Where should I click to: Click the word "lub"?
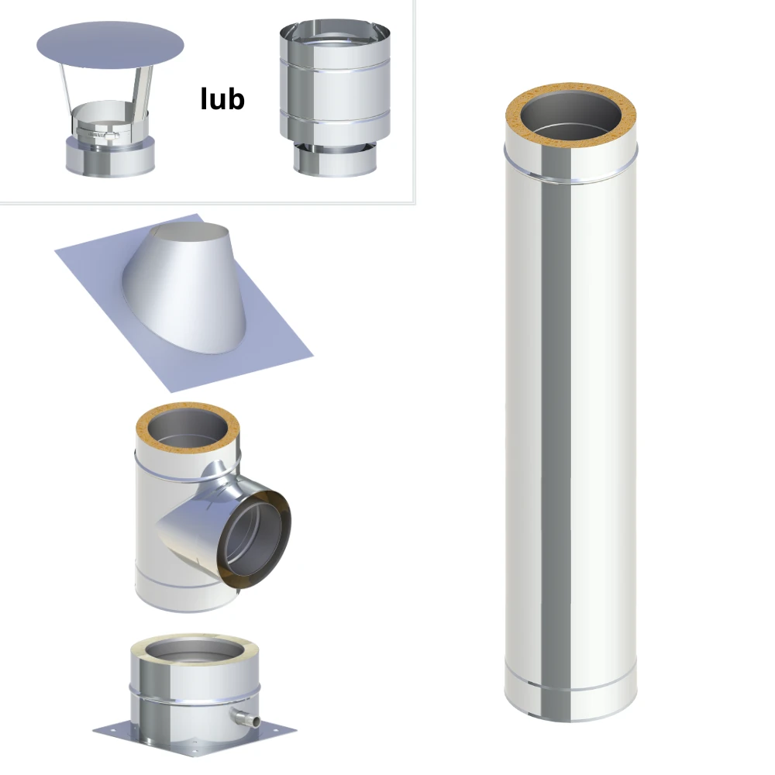pos(222,98)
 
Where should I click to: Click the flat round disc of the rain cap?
pos(110,45)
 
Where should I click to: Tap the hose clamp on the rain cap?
pos(98,133)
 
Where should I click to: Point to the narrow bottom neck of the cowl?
pos(335,159)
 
